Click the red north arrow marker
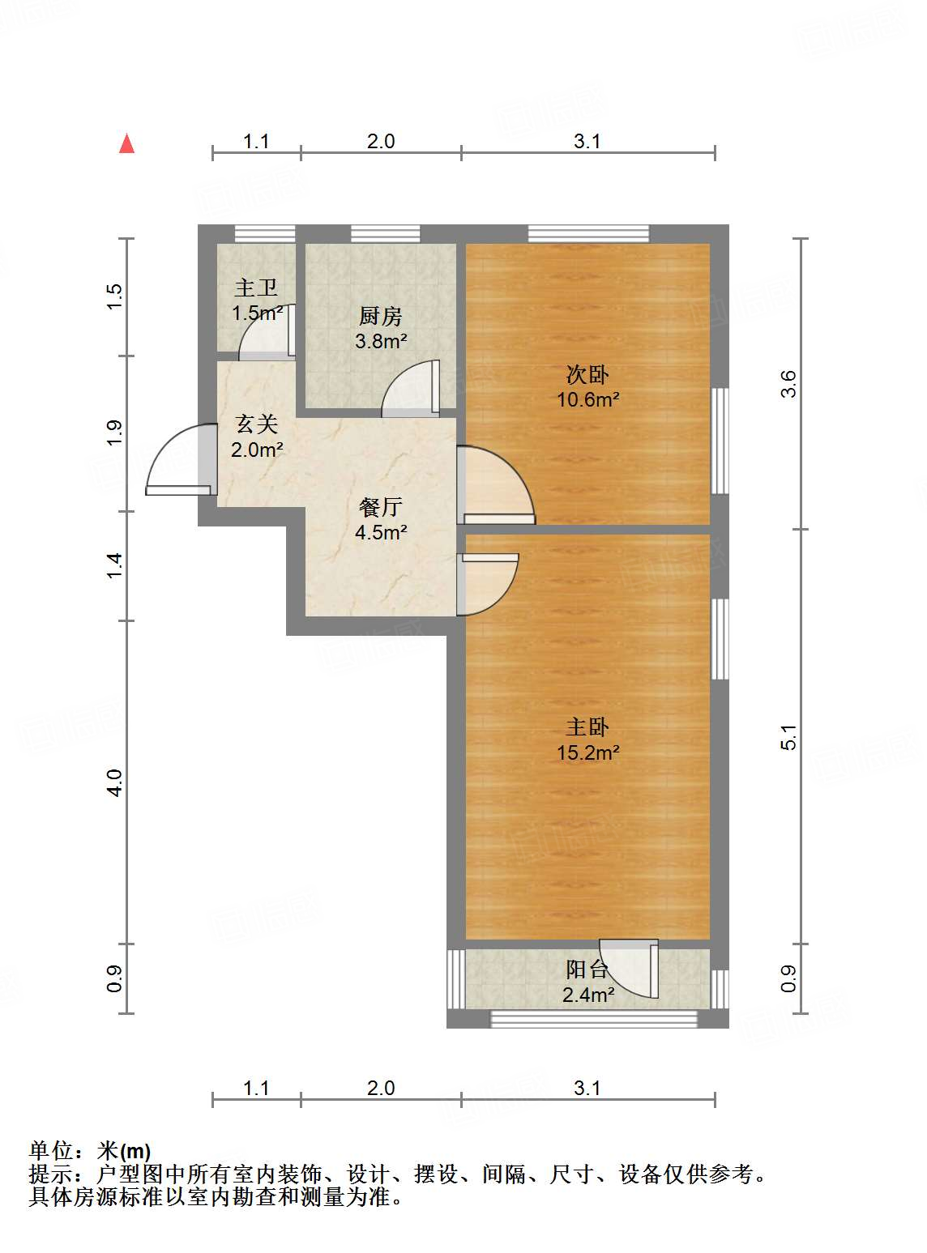126,144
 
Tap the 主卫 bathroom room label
256,288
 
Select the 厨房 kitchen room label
380,316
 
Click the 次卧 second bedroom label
587,375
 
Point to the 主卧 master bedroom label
587,727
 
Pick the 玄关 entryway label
257,424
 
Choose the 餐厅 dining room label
381,507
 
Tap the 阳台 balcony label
587,970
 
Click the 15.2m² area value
587,752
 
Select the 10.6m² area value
587,399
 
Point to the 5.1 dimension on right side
788,737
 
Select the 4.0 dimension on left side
115,782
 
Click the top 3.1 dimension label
587,142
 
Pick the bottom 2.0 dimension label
381,1088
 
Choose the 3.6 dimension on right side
788,384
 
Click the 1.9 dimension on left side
115,433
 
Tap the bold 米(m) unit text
124,1151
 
